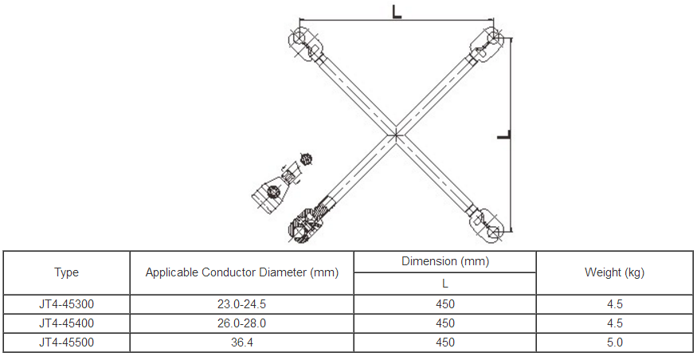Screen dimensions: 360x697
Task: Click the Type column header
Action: (67, 272)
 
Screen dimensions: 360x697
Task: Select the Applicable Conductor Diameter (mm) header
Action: (242, 272)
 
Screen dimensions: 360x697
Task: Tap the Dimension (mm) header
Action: (444, 261)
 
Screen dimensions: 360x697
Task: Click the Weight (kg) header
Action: (614, 272)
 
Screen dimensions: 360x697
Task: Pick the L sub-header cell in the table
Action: (444, 283)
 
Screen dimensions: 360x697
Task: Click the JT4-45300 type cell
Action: (67, 303)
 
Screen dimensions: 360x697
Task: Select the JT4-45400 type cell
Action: (67, 323)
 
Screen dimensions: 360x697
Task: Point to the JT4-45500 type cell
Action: (67, 342)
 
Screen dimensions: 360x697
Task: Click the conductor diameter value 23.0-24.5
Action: (242, 303)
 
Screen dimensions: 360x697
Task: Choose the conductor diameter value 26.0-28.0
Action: (242, 323)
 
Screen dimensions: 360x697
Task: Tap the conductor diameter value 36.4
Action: (242, 342)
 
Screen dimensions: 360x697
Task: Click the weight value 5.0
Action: (614, 342)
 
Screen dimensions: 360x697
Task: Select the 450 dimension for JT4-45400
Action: (444, 323)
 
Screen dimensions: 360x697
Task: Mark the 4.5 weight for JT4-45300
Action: (614, 303)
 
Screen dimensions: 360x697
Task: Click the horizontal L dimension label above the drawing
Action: (397, 11)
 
